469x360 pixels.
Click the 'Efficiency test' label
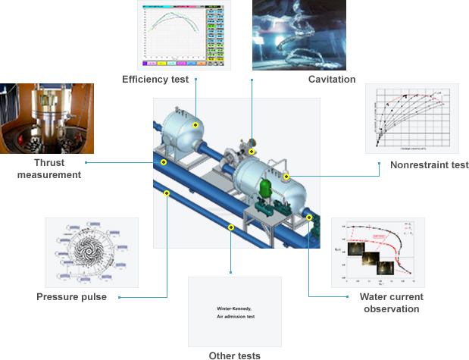click(x=155, y=79)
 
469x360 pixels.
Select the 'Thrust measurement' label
click(x=46, y=168)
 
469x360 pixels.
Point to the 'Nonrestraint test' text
click(x=429, y=165)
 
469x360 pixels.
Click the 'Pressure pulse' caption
click(x=71, y=297)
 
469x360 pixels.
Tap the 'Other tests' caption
click(x=234, y=355)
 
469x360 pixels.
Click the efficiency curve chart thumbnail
click(x=183, y=33)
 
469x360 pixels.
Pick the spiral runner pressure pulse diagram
click(x=92, y=253)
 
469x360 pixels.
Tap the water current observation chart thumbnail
click(x=377, y=252)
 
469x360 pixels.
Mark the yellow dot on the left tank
click(x=195, y=125)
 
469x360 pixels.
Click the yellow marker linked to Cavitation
click(x=252, y=152)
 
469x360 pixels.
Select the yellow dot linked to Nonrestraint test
click(x=286, y=177)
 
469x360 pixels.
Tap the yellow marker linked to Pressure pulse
click(x=167, y=193)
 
